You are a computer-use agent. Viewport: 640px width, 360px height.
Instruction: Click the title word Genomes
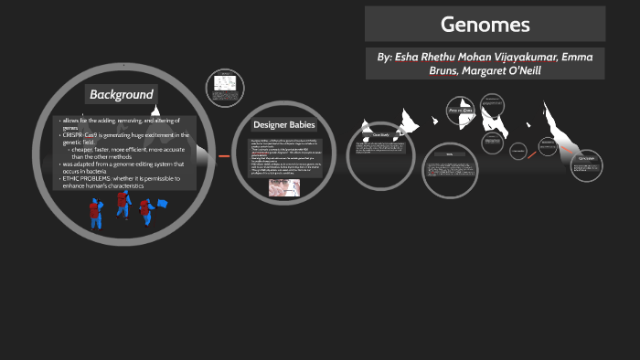coord(485,25)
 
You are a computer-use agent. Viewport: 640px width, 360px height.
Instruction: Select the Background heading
coord(121,94)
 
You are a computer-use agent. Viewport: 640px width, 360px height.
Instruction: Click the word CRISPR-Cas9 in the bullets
coord(82,135)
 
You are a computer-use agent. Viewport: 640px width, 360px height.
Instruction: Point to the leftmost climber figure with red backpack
coord(93,214)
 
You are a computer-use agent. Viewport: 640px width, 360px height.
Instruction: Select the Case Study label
coord(380,135)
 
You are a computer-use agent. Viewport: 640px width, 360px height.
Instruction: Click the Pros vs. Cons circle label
coord(459,111)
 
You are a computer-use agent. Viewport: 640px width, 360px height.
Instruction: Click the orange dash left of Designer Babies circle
coord(222,156)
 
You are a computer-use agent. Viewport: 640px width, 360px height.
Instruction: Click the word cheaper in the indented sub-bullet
coord(84,149)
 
